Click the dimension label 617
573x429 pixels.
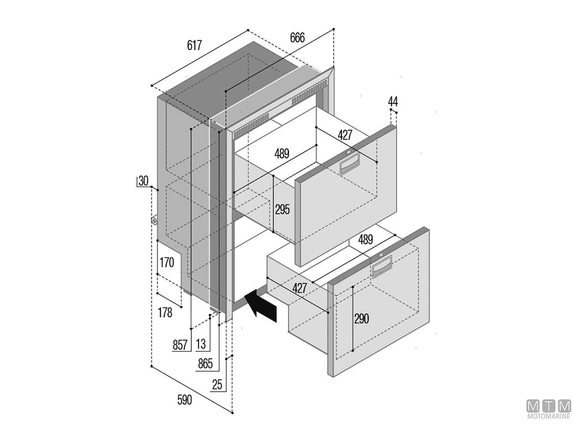(x=194, y=46)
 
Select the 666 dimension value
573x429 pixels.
(x=297, y=39)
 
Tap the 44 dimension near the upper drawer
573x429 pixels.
(x=393, y=102)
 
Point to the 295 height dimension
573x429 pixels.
(x=282, y=209)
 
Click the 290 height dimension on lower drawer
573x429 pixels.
(x=361, y=319)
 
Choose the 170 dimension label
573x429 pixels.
(x=167, y=263)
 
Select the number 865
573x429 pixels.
(x=205, y=365)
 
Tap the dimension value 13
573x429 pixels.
(x=201, y=344)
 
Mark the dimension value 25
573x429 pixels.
(x=217, y=385)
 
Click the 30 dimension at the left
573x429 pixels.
(x=143, y=181)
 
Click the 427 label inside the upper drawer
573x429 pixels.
(x=345, y=135)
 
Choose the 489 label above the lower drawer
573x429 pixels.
(x=365, y=239)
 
